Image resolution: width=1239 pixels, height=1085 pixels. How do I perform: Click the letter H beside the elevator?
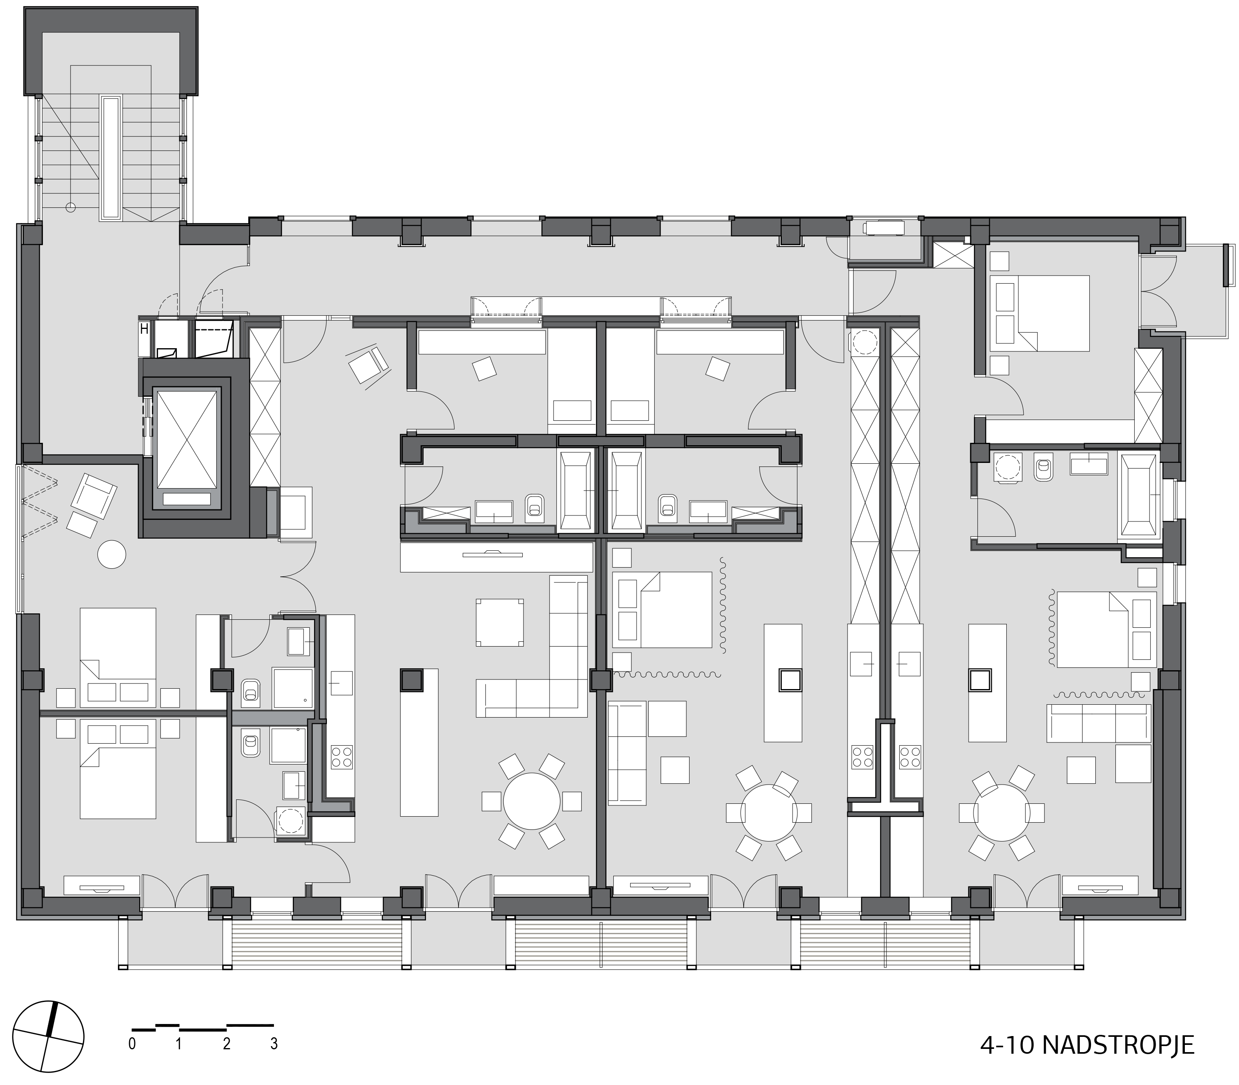coord(144,329)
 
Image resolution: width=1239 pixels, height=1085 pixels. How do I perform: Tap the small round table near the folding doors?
coord(112,554)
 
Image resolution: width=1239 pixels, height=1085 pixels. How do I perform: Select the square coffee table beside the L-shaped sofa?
coord(500,623)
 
